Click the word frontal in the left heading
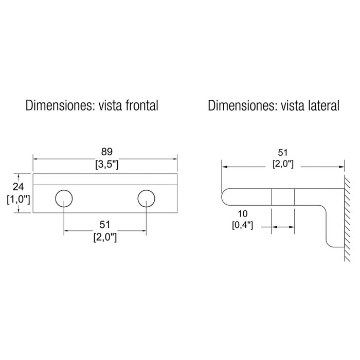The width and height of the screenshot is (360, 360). point(142,105)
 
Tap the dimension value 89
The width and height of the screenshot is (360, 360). point(107,152)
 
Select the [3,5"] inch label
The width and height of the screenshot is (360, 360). point(107,165)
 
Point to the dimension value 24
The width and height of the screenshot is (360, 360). point(18,187)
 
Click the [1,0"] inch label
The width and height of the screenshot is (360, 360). point(19,200)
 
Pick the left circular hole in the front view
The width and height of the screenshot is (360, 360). point(64,199)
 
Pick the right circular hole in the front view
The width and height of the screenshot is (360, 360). point(146,199)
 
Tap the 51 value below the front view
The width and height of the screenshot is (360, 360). point(105,225)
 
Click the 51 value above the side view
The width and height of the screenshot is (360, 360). point(283,152)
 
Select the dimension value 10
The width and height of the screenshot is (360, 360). point(242,214)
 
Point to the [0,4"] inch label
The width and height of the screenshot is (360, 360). point(242,225)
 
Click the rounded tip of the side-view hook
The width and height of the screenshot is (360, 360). point(222,197)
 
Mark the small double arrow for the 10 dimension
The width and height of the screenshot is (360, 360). point(283,227)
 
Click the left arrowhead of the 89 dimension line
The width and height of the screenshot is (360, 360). point(35,158)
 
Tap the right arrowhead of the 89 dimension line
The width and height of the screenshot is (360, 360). point(175,158)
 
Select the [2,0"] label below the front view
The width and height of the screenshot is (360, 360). point(105,237)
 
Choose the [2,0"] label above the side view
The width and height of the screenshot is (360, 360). point(283,164)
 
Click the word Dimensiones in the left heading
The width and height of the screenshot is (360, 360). point(60,105)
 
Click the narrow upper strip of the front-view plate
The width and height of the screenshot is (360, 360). point(105,179)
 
